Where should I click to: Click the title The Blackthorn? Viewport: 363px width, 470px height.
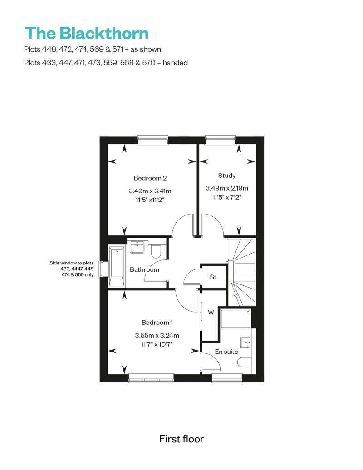86,33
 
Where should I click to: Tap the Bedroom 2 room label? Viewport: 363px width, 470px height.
150,178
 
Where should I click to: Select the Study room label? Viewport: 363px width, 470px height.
226,176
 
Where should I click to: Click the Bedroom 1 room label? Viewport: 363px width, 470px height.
157,323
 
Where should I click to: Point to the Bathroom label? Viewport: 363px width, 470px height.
144,269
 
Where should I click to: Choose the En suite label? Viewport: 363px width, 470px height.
226,352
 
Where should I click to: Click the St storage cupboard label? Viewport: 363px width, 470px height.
213,277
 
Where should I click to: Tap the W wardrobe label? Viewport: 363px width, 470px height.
211,312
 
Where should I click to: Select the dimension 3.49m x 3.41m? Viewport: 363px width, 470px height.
150,191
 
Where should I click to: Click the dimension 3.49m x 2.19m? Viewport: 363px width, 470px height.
227,188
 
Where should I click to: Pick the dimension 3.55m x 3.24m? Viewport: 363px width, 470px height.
157,335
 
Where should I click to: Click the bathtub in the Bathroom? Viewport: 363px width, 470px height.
117,266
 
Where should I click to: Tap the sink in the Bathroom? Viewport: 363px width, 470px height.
137,247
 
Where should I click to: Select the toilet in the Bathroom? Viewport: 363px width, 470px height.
156,251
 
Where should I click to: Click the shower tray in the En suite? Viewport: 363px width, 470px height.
235,318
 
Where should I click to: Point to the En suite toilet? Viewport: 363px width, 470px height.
245,362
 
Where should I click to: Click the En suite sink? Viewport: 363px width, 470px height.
246,343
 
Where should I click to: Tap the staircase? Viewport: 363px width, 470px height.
241,272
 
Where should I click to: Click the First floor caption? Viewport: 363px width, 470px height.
181,439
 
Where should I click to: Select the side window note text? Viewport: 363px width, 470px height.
72,269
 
